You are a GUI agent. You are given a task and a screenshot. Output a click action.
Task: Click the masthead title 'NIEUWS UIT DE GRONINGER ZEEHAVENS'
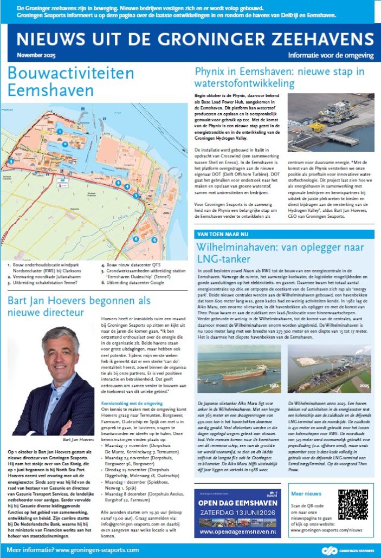click(190, 39)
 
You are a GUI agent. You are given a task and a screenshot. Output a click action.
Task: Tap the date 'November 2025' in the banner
click(36, 55)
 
